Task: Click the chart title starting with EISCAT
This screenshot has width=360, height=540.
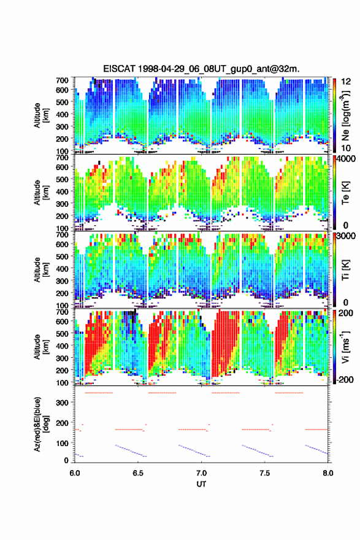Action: (x=201, y=69)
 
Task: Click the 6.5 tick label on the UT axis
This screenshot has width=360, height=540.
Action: (x=138, y=473)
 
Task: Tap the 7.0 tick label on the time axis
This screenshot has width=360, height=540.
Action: (x=201, y=473)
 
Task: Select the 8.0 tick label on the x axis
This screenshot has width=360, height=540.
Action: (x=328, y=473)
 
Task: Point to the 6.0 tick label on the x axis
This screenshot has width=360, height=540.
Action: (x=75, y=473)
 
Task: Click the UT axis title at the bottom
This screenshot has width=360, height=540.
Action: (x=201, y=484)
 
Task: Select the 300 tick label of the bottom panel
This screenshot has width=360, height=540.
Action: (x=62, y=403)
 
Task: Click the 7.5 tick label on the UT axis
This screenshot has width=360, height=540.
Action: (x=265, y=473)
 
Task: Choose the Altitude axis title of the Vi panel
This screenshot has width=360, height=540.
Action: (x=41, y=347)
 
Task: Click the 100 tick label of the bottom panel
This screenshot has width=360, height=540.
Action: (x=62, y=443)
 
